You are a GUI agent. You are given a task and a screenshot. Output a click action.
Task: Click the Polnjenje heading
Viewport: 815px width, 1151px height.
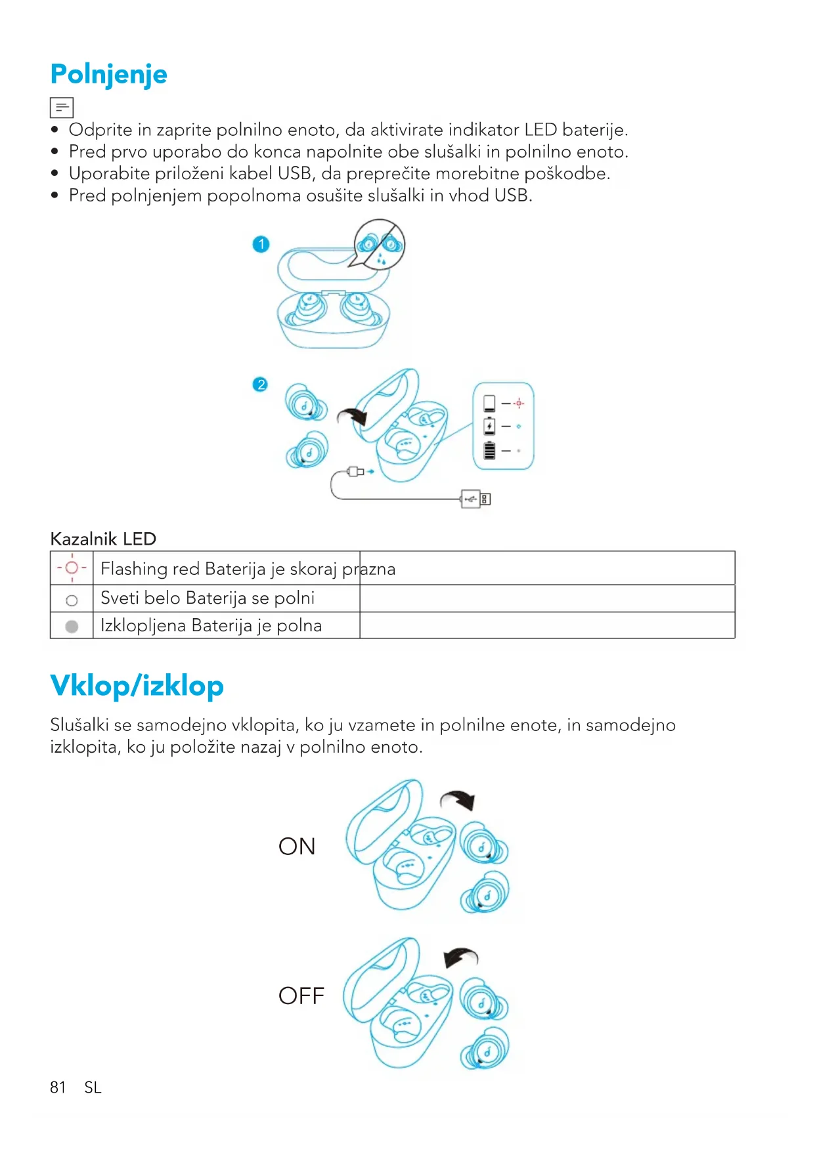108,75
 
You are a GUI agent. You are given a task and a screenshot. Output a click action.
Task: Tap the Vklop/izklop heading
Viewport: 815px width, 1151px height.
137,686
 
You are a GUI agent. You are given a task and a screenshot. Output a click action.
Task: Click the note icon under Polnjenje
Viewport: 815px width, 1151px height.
62,107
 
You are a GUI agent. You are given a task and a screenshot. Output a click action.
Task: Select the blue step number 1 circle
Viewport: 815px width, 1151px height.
261,244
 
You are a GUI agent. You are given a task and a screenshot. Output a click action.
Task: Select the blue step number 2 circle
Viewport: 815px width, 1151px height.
261,384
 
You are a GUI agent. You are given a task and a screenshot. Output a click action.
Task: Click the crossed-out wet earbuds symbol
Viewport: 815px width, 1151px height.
380,245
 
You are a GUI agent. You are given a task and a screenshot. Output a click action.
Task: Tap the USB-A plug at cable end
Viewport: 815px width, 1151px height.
475,499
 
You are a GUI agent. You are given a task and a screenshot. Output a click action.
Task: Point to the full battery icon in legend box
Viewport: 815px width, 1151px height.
489,450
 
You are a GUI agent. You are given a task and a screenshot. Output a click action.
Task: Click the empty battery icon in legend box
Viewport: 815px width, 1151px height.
489,403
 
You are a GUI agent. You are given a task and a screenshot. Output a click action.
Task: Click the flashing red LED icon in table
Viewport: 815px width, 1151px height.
72,568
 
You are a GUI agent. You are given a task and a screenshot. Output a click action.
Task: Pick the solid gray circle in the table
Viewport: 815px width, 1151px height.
72,626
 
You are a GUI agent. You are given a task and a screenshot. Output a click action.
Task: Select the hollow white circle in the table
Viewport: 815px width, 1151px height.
72,600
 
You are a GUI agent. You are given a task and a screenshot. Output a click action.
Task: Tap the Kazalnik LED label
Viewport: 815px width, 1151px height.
103,539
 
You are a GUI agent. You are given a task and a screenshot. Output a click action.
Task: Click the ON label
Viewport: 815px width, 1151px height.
297,847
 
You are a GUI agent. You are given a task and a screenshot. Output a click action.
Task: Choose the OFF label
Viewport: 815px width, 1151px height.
301,995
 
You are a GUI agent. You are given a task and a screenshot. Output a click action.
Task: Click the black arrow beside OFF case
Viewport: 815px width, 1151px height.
460,957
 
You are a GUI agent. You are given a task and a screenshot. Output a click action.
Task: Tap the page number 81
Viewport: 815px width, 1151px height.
58,1087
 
